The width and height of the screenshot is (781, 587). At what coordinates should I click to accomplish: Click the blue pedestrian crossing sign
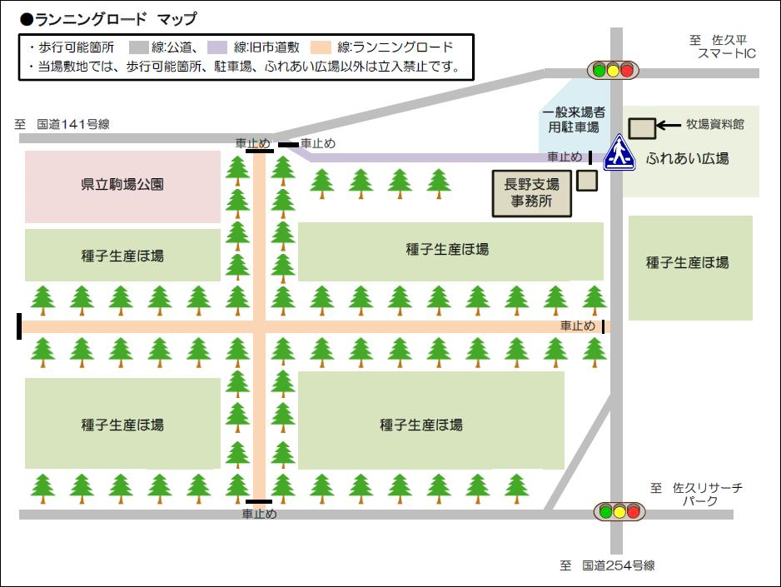619,152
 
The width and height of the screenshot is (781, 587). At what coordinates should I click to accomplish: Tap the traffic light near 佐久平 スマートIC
614,71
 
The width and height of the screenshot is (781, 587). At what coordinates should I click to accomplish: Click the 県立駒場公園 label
122,184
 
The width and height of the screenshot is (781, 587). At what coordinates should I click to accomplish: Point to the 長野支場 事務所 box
531,194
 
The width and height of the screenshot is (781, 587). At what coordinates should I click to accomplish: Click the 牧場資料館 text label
714,124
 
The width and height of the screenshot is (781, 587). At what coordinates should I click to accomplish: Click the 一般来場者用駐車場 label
573,120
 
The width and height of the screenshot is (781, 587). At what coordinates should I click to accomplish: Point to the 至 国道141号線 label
62,124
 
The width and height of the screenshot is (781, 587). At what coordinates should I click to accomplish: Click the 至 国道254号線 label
607,566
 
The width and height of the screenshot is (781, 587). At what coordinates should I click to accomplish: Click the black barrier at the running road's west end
19,326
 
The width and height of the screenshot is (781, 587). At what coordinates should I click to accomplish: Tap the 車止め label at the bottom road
259,515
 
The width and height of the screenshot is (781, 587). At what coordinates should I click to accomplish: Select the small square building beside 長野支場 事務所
587,181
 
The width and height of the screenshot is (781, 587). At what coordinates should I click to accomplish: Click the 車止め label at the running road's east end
578,326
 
